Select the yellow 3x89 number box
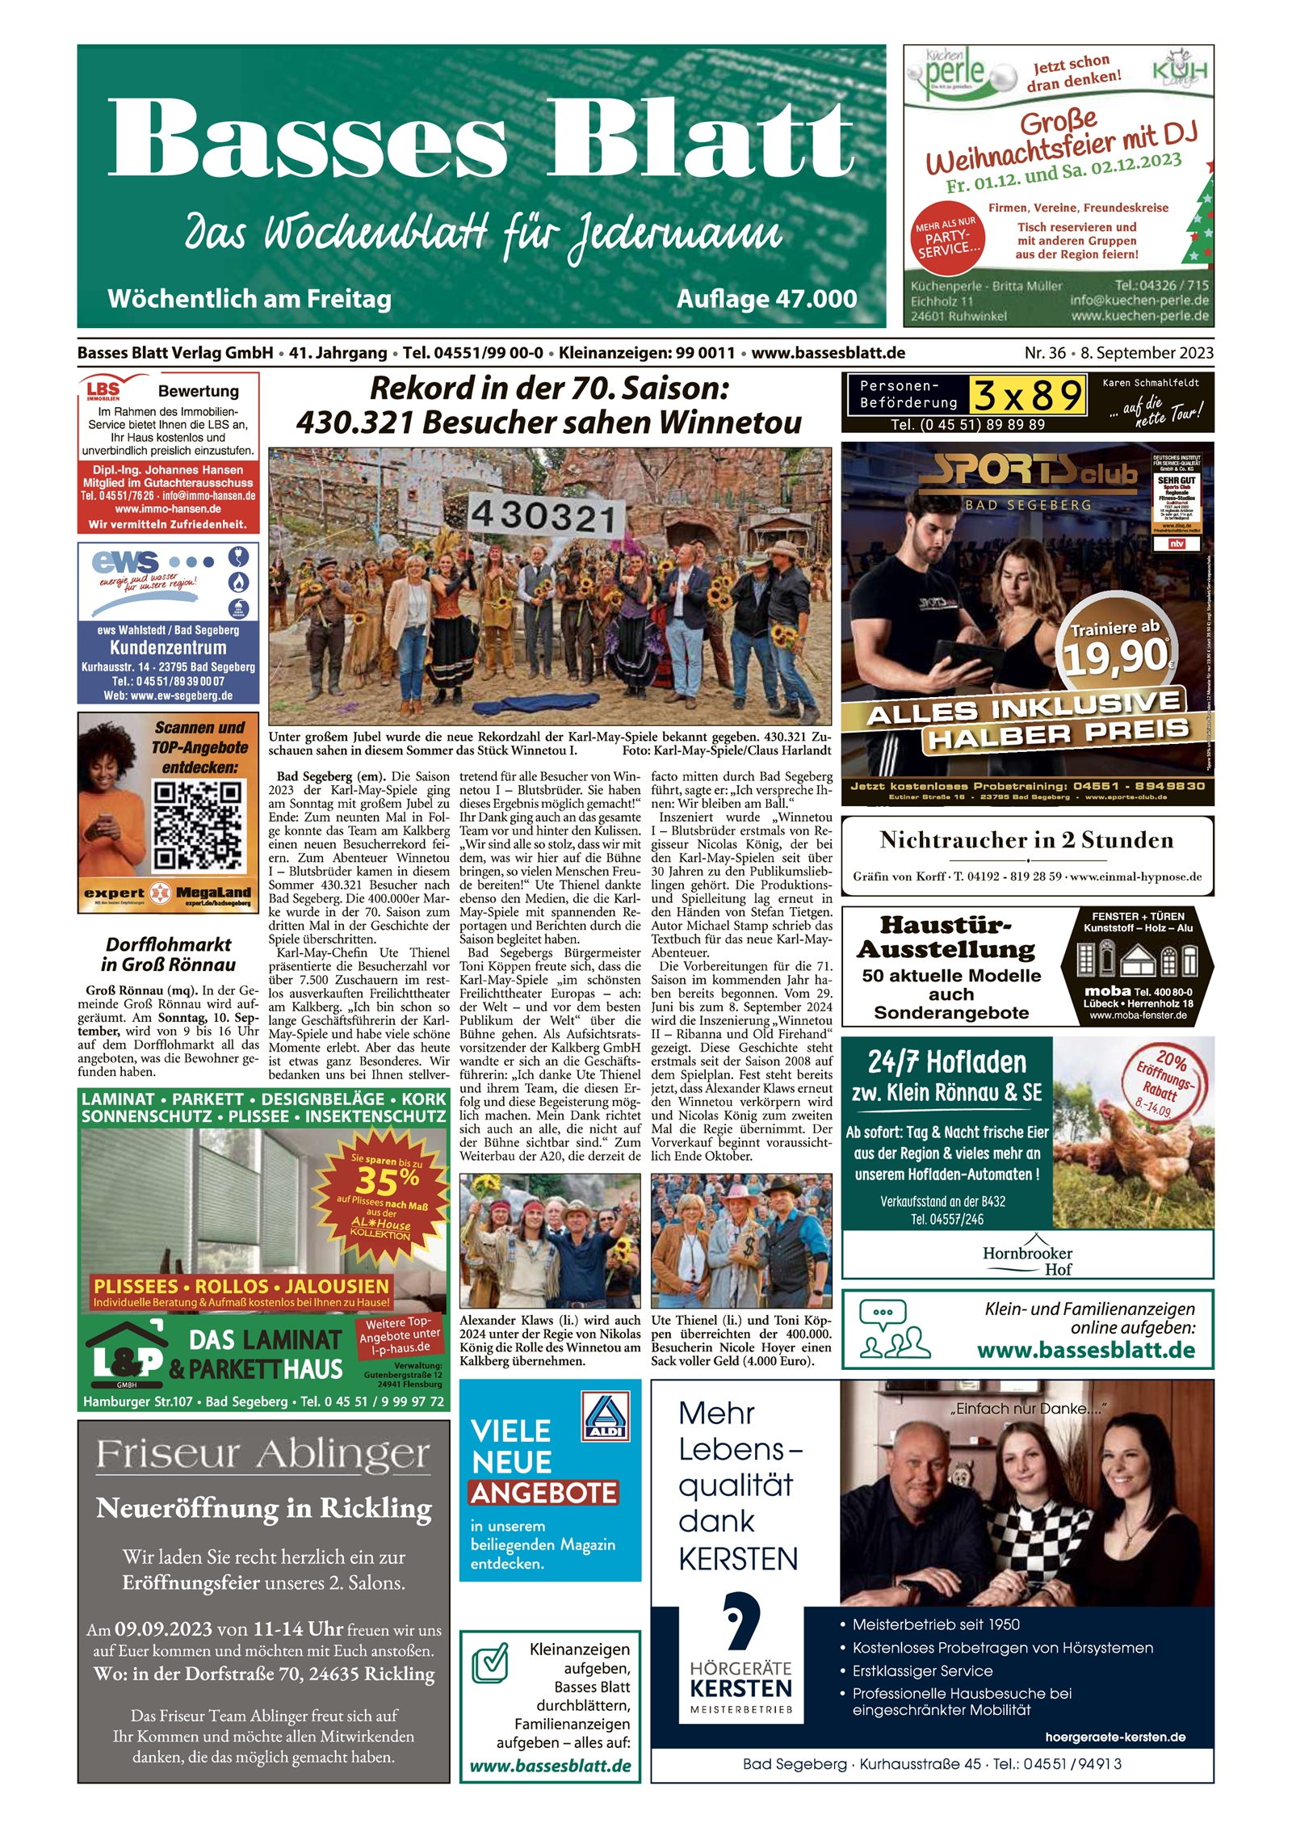(x=1027, y=397)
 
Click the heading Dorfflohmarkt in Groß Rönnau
(x=168, y=955)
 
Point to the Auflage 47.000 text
(x=766, y=299)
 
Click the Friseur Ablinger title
(x=263, y=1456)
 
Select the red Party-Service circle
(x=946, y=237)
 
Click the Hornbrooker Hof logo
(x=1027, y=1255)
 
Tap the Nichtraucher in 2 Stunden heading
(x=1026, y=840)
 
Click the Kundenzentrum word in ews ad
(x=168, y=647)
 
